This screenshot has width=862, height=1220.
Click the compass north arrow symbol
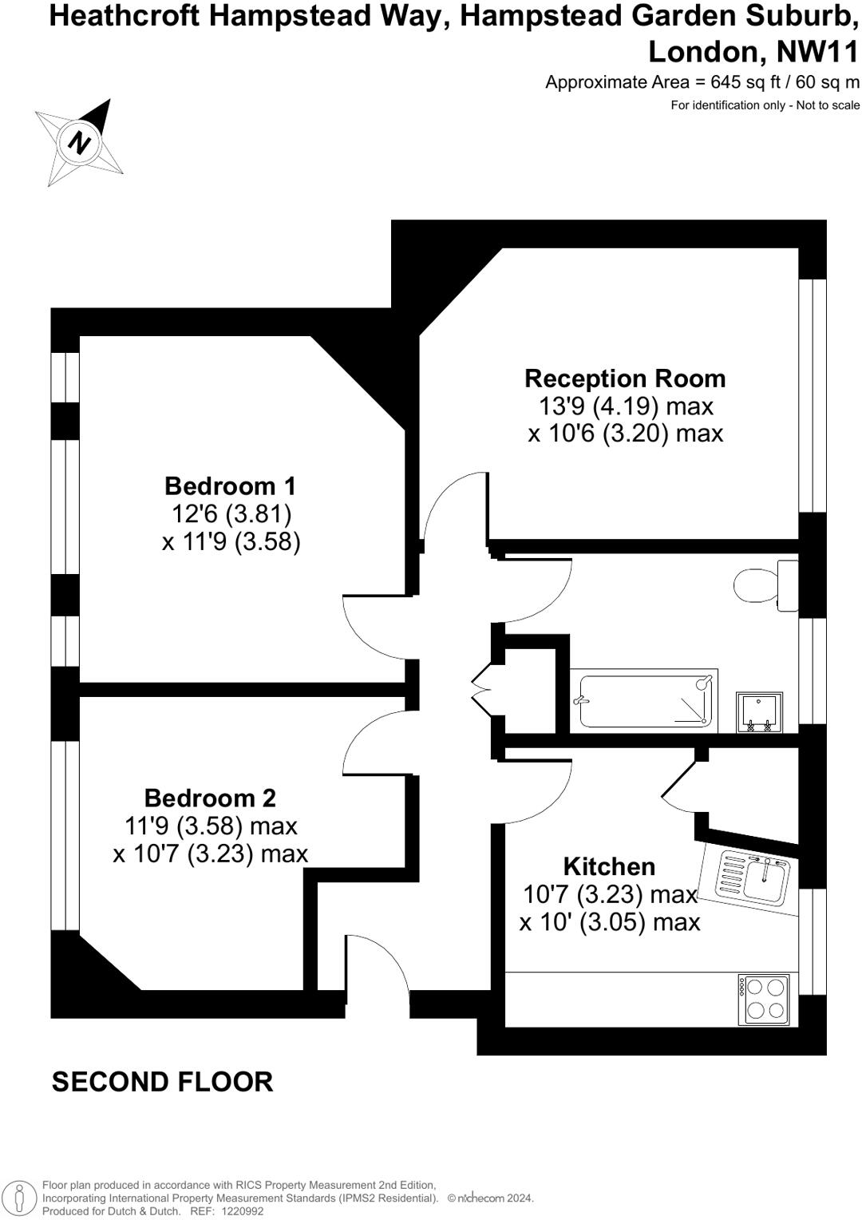click(x=79, y=142)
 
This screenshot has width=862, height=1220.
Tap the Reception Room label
click(x=625, y=378)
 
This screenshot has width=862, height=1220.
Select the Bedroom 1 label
click(x=230, y=485)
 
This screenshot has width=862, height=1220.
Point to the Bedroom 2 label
click(x=210, y=798)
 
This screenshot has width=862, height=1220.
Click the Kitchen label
click(x=609, y=866)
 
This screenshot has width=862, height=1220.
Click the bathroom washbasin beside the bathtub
click(x=758, y=712)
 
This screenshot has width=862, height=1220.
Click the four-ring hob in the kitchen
click(x=765, y=999)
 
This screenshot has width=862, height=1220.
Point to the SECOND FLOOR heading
click(x=163, y=1082)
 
